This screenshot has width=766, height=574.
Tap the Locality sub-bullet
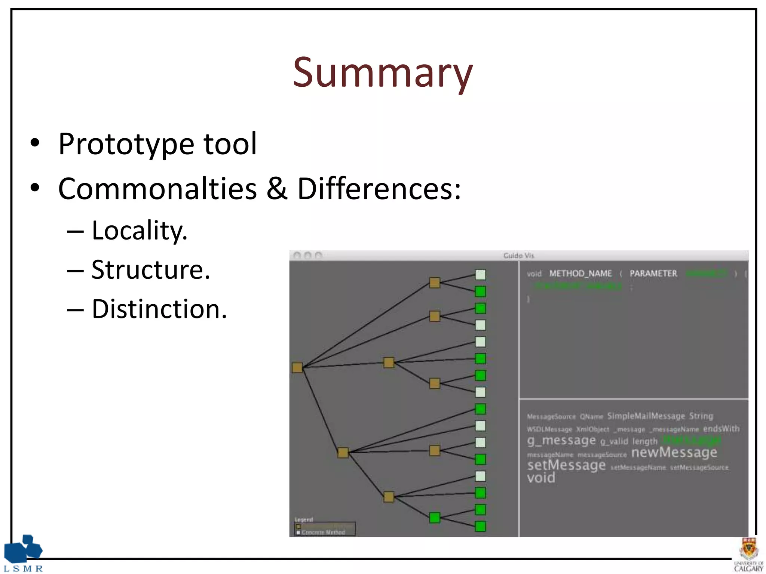click(139, 231)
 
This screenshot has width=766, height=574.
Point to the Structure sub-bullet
click(150, 270)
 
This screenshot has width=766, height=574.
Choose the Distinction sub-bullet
click(159, 309)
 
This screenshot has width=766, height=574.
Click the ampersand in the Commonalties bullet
click(277, 189)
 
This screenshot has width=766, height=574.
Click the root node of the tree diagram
click(297, 367)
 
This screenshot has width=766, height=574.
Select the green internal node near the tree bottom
click(435, 518)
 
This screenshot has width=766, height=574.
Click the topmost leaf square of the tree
click(480, 275)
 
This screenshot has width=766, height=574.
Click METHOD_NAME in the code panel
click(580, 274)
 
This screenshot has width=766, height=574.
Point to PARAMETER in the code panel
click(653, 274)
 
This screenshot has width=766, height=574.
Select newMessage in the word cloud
click(674, 453)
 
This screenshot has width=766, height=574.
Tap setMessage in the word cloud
click(566, 465)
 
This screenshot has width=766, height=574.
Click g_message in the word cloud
click(561, 440)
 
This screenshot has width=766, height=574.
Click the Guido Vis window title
click(518, 256)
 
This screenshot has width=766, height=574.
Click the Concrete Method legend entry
click(323, 532)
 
